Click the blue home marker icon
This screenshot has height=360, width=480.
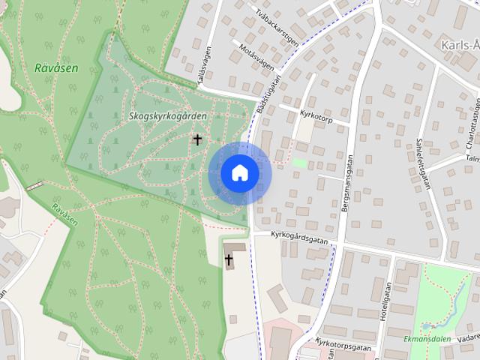[x=240, y=173]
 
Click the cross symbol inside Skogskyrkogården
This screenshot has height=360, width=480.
[x=198, y=139]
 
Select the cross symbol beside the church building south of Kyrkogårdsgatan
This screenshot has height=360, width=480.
[x=229, y=259]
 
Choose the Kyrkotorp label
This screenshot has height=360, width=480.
[x=314, y=118]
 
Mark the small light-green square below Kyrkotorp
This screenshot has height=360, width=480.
[x=299, y=162]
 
